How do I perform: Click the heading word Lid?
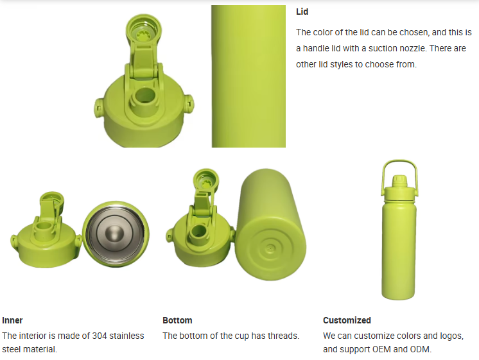tap(302, 12)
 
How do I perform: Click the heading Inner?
tap(12, 320)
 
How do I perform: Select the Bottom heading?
tap(177, 320)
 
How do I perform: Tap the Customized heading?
tap(347, 320)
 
